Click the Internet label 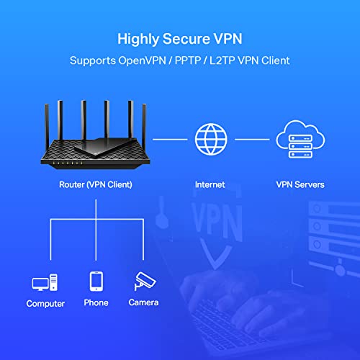210,185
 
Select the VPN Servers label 300,185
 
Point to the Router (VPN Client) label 96,185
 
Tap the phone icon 96,281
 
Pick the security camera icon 143,281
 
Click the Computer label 45,304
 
